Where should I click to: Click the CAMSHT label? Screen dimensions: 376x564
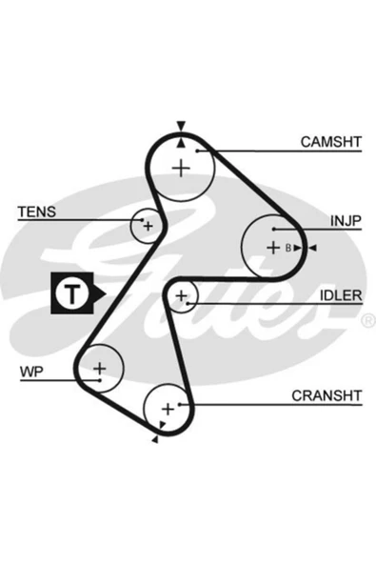(330, 142)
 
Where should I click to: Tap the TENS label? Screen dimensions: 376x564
(37, 211)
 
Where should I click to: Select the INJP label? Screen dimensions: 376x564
(346, 221)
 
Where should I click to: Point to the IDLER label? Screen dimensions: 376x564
(341, 295)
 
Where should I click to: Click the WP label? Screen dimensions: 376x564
(31, 372)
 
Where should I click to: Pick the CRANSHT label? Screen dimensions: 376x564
(327, 395)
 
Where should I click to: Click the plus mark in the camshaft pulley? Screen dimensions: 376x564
(181, 168)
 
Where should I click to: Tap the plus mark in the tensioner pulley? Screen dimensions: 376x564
(148, 226)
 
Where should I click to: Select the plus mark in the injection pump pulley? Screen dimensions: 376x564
(273, 248)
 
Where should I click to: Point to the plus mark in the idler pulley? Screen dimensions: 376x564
(182, 295)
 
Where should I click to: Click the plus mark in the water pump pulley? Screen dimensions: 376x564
(100, 369)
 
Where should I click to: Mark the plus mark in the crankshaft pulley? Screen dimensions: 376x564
(168, 410)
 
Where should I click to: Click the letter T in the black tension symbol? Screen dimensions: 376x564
(72, 293)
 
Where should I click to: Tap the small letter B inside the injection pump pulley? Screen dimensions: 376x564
(288, 248)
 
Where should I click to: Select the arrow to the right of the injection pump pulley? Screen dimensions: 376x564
(313, 248)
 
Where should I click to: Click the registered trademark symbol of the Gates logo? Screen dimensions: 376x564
(367, 320)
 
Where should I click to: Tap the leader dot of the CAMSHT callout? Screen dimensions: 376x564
(197, 151)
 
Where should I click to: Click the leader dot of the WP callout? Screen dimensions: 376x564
(100, 380)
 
